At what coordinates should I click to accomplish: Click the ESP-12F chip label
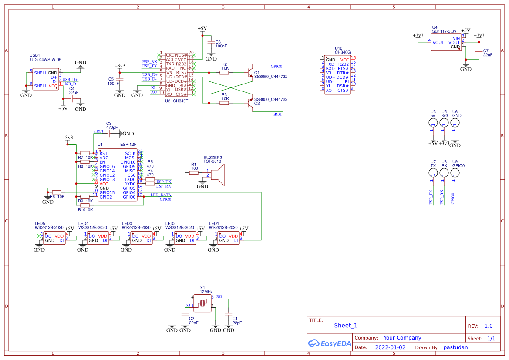coord(128,144)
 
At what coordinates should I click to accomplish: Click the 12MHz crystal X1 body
coord(202,303)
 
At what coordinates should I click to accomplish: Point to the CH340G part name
coord(342,52)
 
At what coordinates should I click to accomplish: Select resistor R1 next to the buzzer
coord(194,173)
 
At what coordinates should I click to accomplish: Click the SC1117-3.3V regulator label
coord(444,31)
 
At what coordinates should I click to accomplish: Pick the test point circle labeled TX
coord(433,173)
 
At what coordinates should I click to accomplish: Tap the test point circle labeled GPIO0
coord(455,173)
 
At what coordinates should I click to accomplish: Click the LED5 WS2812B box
coord(54,238)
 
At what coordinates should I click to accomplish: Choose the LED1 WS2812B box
coord(228,238)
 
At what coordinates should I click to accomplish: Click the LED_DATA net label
coord(161,195)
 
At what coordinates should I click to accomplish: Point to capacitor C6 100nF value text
coord(221,46)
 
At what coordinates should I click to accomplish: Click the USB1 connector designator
coord(35,55)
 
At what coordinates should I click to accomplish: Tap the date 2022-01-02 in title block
coord(390,347)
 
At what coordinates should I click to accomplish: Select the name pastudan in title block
coord(455,347)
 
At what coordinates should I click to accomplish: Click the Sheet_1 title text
coord(346,325)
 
